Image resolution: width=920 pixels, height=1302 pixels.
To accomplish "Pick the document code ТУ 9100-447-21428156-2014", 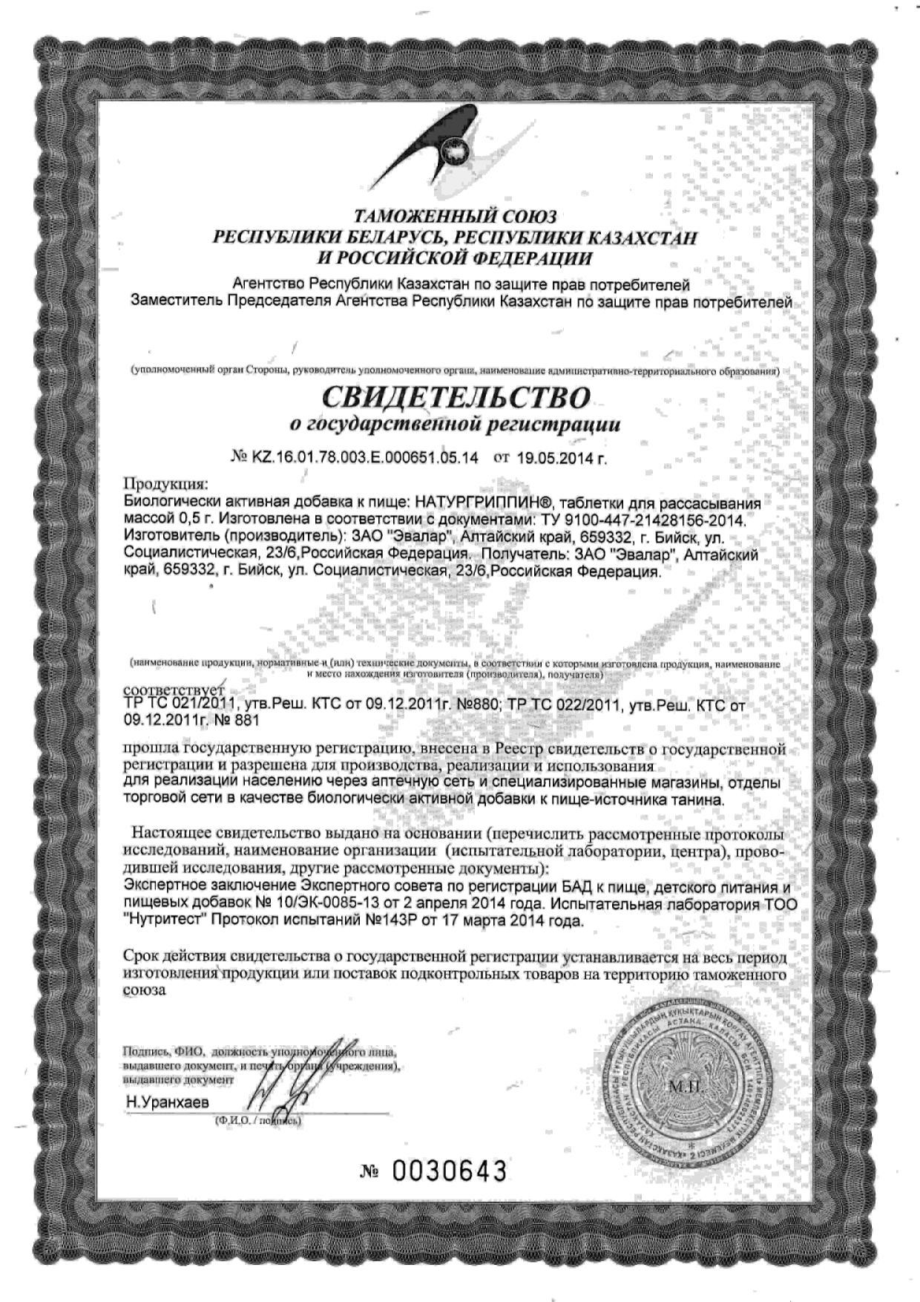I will pos(635,519).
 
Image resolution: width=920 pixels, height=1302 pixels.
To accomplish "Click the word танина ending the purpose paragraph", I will pos(697,800).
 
